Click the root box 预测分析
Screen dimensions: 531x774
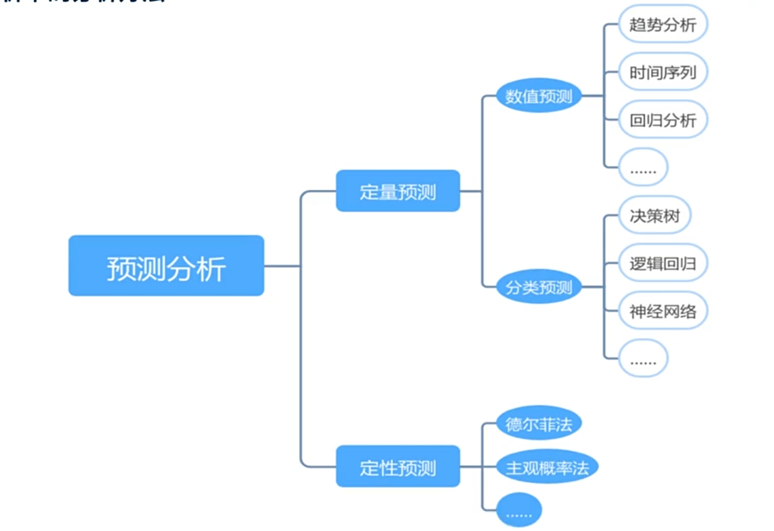pos(166,265)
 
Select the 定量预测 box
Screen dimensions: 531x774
pos(398,191)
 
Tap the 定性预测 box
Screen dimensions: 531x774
pos(398,466)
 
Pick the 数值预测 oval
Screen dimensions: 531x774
pos(538,96)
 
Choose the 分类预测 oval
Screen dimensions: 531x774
pos(538,287)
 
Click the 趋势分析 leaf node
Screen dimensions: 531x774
pos(663,24)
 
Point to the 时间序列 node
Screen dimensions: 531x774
pos(663,72)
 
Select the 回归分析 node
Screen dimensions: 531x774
pos(663,120)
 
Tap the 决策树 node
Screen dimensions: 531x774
pos(654,215)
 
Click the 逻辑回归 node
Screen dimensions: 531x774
pos(663,263)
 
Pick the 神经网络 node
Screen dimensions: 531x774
pos(663,311)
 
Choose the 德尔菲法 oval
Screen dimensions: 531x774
pos(538,424)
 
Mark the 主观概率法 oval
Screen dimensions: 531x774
pos(547,467)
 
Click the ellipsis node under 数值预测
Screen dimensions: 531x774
pos(643,167)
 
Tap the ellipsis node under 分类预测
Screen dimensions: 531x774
pos(643,359)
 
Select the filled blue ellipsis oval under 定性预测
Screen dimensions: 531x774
pos(519,510)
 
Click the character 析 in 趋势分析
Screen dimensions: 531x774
pos(688,25)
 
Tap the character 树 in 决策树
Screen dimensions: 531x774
pos(672,216)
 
